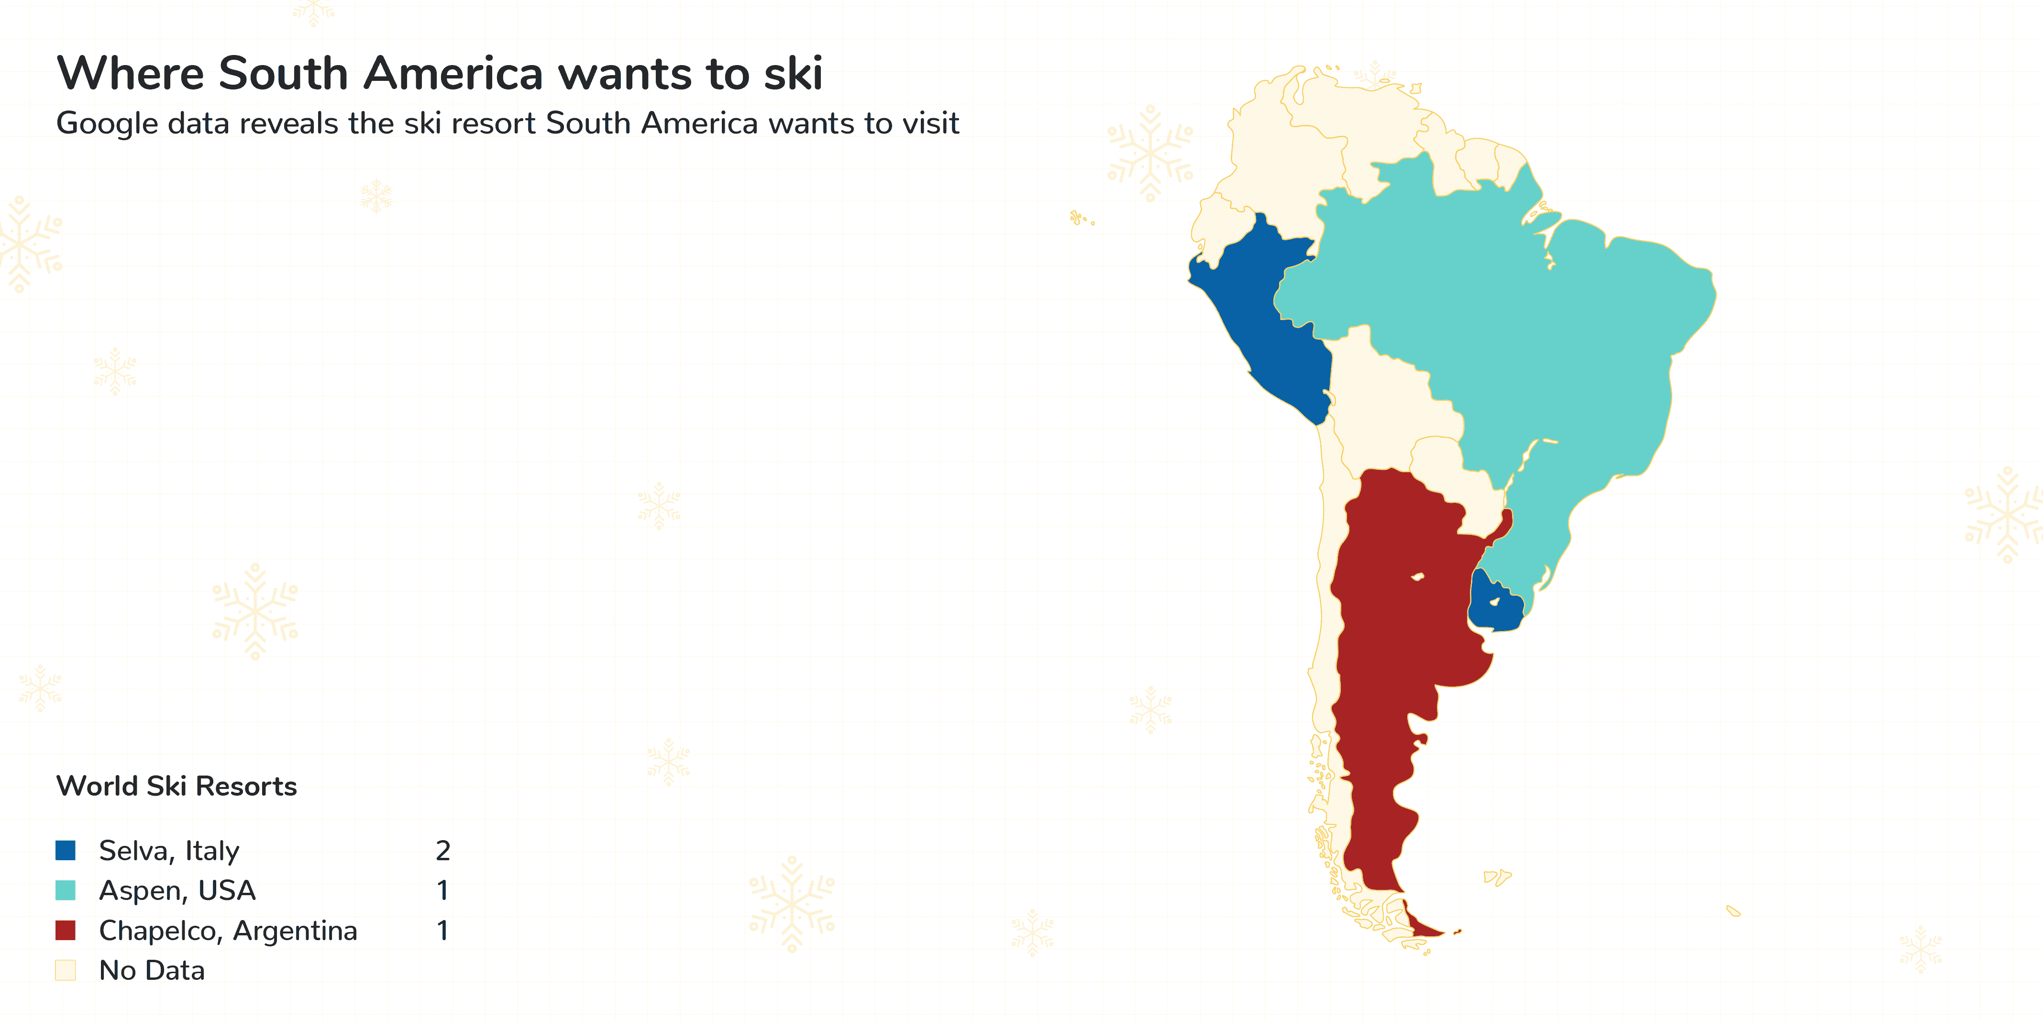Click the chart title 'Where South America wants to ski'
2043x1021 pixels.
(440, 73)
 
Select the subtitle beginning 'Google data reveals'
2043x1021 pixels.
(508, 124)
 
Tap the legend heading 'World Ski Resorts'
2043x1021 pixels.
(176, 786)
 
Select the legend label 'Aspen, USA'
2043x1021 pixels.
(177, 890)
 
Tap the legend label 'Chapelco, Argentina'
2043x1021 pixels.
(228, 931)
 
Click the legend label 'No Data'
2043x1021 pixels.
(152, 970)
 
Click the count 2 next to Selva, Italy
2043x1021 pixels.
(442, 851)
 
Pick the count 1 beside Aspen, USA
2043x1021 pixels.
(442, 890)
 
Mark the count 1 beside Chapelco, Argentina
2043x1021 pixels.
(442, 931)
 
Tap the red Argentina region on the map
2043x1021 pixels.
(1396, 634)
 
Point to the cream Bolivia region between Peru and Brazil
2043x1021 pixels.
(1388, 397)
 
